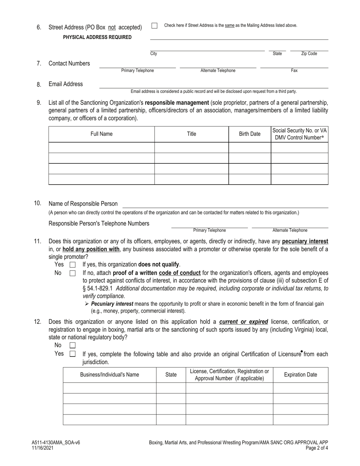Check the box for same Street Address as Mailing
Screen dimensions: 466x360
click(x=154, y=26)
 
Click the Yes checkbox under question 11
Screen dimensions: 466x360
click(x=73, y=265)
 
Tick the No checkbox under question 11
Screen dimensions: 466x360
click(x=73, y=273)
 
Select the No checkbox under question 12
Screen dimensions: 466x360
click(x=73, y=346)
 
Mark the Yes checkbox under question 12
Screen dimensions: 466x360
click(x=73, y=354)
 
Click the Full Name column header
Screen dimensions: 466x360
click(x=102, y=134)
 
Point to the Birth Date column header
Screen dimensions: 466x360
click(x=250, y=134)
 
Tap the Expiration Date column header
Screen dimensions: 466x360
click(x=301, y=375)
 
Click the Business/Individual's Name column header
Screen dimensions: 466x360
click(x=110, y=375)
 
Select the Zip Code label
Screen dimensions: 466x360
click(x=309, y=54)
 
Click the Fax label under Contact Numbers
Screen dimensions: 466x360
click(x=294, y=70)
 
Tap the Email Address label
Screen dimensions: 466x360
click(x=66, y=84)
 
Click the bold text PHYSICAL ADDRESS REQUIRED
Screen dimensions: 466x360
click(x=97, y=37)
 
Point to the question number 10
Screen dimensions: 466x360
click(x=38, y=203)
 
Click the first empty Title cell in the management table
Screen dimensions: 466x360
click(x=191, y=147)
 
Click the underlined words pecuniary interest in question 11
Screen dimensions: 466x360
click(x=305, y=241)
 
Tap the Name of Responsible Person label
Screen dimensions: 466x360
click(x=83, y=204)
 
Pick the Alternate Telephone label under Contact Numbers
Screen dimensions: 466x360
click(x=218, y=70)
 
